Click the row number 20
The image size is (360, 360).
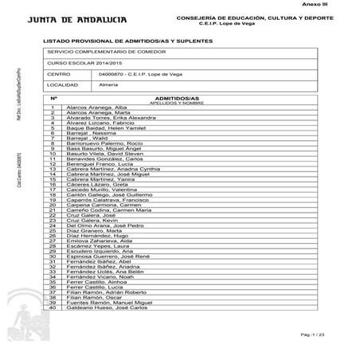point(52,205)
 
